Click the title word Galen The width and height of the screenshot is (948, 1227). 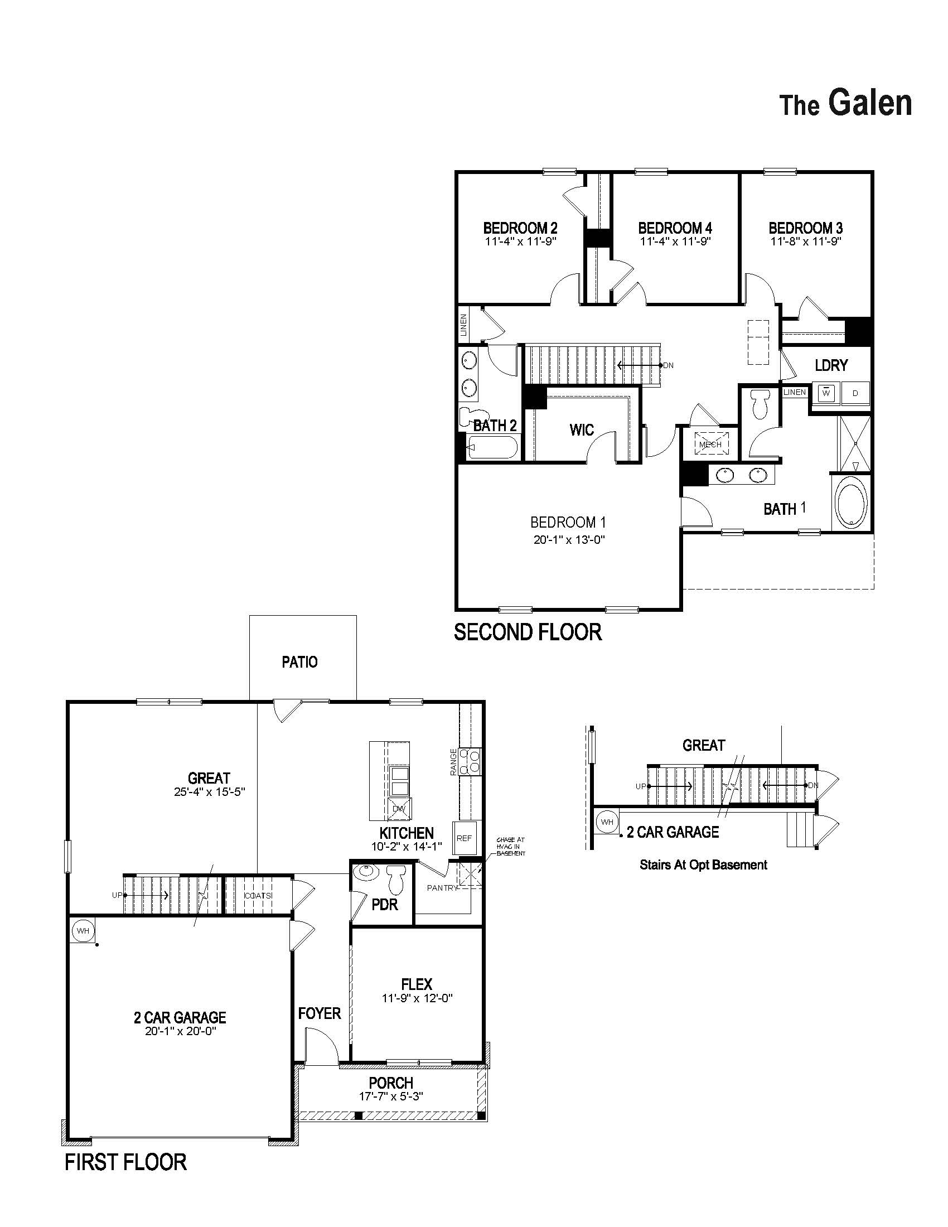869,103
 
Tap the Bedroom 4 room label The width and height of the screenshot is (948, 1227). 675,228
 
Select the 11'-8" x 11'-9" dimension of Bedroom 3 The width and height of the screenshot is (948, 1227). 806,241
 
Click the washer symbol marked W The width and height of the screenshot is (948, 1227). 826,393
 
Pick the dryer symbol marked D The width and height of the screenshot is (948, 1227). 855,393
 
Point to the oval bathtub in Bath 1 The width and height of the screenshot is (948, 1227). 852,502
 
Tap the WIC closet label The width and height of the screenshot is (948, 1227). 581,430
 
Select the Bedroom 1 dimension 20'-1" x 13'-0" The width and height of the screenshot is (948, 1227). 568,540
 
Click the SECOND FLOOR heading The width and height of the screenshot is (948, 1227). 528,632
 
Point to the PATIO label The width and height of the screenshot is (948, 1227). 300,662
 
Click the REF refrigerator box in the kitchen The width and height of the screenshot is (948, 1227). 465,838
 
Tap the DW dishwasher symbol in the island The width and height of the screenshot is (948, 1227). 399,809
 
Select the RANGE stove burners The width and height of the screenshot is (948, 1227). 471,761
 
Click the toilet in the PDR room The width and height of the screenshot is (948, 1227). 397,880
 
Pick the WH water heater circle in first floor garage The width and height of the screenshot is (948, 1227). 83,931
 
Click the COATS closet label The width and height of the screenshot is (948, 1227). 258,896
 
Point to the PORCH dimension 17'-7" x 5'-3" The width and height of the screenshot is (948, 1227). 391,1096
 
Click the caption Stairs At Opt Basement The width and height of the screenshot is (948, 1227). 703,865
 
